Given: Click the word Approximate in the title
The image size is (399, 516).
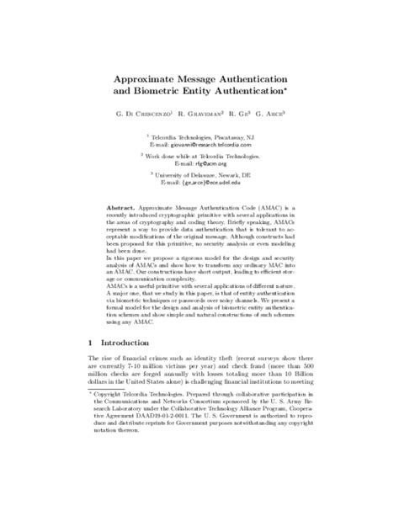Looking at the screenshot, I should pos(148,74).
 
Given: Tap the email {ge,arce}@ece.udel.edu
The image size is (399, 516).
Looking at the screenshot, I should pos(211,182).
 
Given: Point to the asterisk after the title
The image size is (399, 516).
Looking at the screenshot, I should pos(287,84).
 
